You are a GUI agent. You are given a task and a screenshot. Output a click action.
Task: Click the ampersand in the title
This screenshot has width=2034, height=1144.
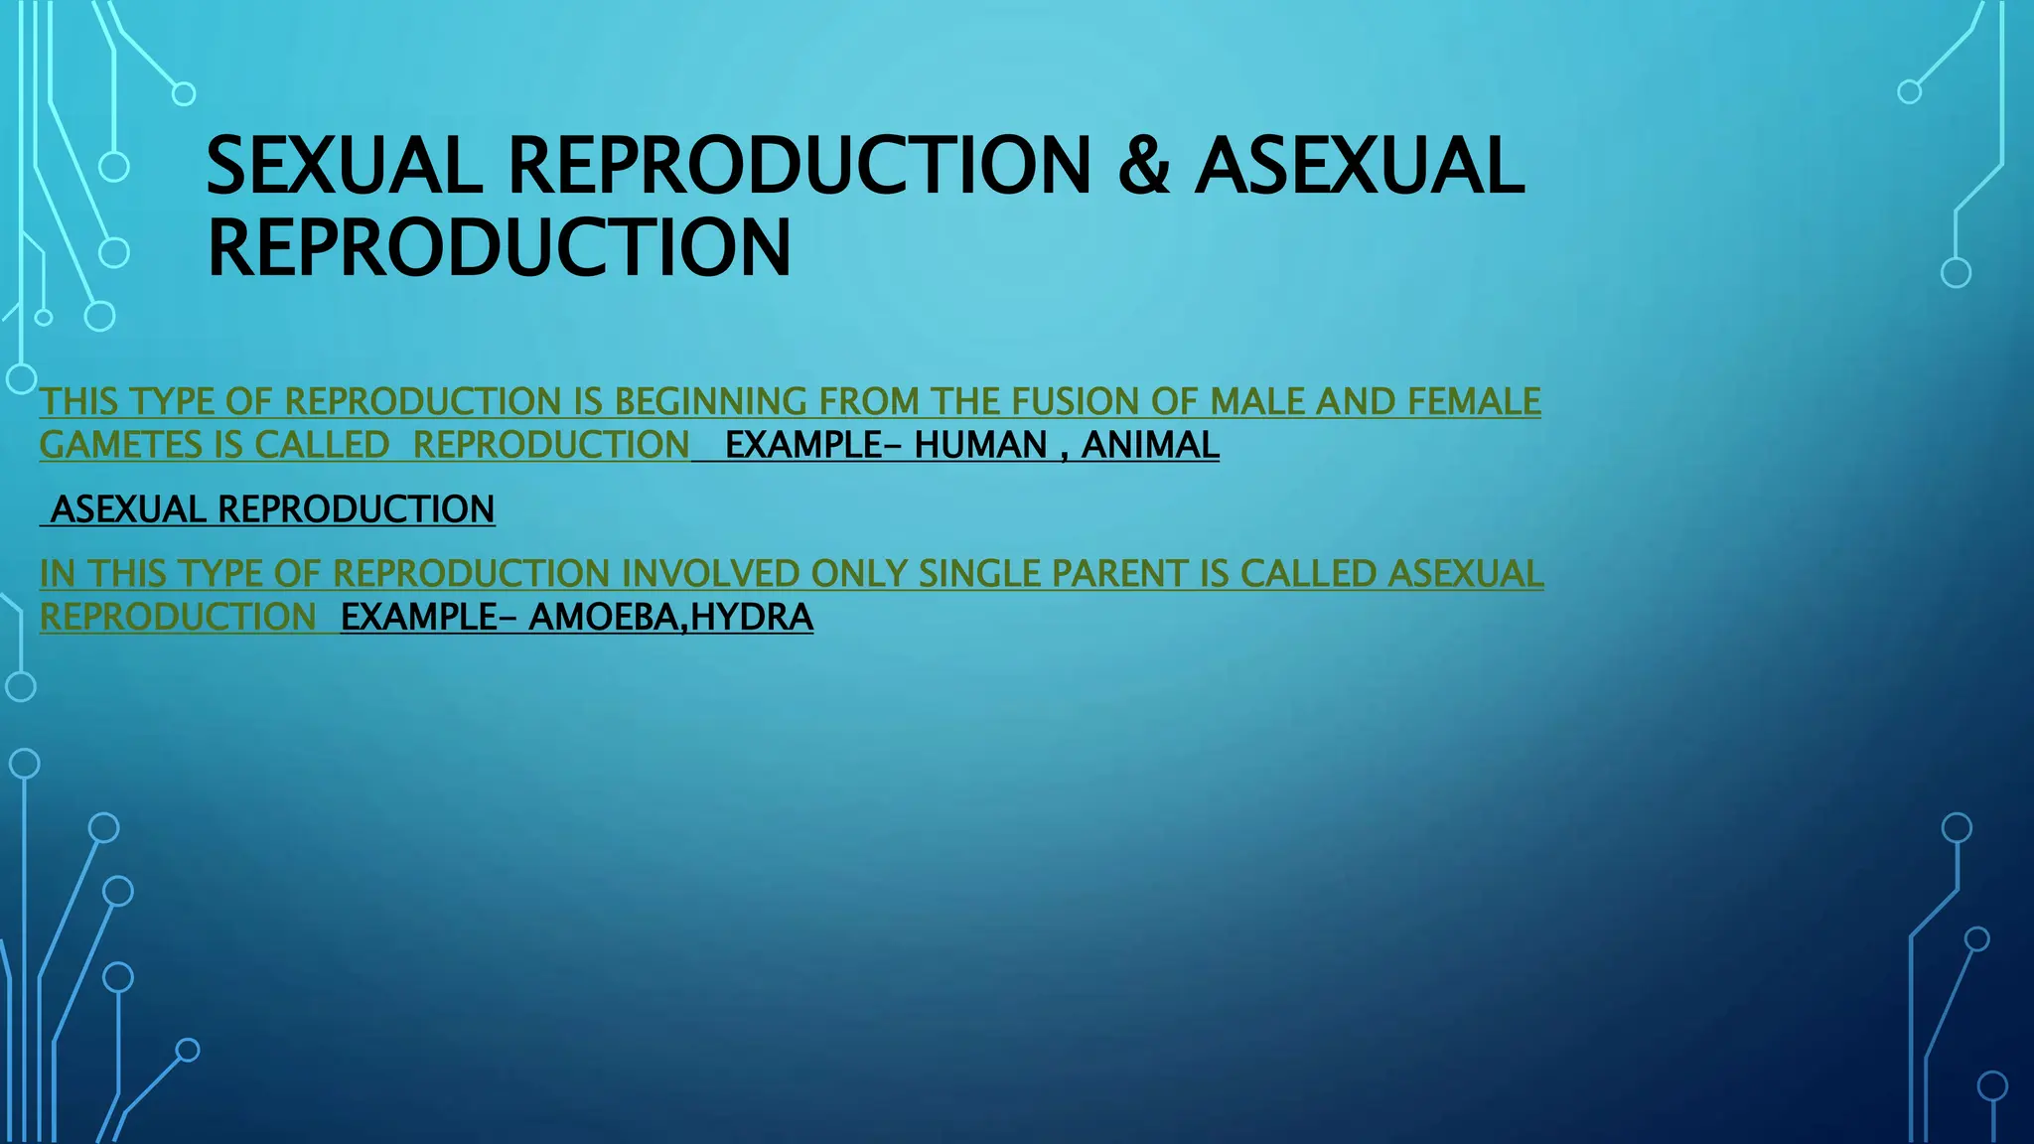point(1143,167)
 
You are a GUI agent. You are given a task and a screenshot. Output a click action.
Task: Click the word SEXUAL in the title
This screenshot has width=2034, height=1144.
point(344,167)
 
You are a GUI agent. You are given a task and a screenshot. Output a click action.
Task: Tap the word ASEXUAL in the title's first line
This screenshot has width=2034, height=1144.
point(1359,167)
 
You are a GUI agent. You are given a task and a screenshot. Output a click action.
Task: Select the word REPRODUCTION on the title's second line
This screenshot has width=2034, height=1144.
point(500,248)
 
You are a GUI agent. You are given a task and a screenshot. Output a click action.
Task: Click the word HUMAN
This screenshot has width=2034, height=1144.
point(980,445)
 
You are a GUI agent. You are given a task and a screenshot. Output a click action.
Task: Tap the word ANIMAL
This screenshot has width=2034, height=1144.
point(1149,445)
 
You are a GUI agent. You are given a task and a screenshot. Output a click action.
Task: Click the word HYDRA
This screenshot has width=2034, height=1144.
point(752,617)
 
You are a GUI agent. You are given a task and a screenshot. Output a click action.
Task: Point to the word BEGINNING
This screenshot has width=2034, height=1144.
point(710,402)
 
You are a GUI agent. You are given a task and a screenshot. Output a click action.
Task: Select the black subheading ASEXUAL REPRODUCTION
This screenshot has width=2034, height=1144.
point(272,509)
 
